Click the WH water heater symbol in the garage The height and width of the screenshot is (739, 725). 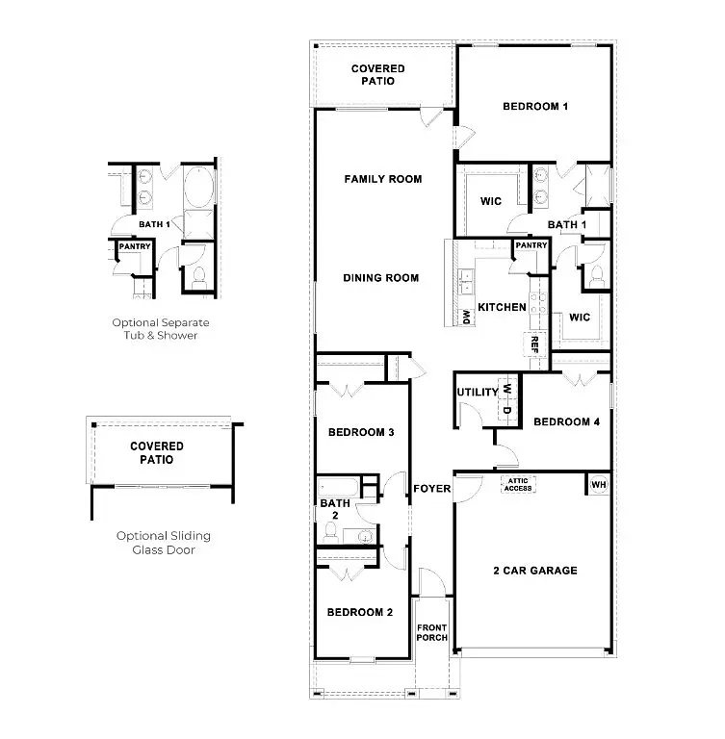pos(599,485)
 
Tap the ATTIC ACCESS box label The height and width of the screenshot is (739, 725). pos(518,485)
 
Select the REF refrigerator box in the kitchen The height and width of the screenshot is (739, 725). pos(534,344)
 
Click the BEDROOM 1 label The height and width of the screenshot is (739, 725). pos(535,107)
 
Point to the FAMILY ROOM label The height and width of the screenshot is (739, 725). pos(383,179)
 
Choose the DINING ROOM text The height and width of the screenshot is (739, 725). pos(381,278)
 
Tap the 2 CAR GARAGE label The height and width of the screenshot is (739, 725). pos(535,571)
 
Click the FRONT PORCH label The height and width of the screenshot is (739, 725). pos(432,632)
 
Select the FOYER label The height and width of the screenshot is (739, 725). pos(432,489)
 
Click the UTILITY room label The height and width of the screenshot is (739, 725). pos(478,393)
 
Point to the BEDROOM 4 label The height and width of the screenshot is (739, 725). pos(566,421)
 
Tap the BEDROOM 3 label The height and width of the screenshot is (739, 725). pos(361,432)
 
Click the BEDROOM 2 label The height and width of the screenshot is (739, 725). pos(360,612)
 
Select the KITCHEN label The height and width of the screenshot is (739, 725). pos(502,307)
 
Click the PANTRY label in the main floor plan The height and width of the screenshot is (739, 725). pos(531,245)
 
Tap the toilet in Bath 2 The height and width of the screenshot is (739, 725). pos(329,532)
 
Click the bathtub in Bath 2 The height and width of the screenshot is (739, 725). pos(338,487)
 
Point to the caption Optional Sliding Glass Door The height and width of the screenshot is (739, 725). pos(164,543)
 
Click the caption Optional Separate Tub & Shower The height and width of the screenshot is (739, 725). pos(161,329)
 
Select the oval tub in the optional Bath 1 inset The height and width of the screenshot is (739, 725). pos(199,187)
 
